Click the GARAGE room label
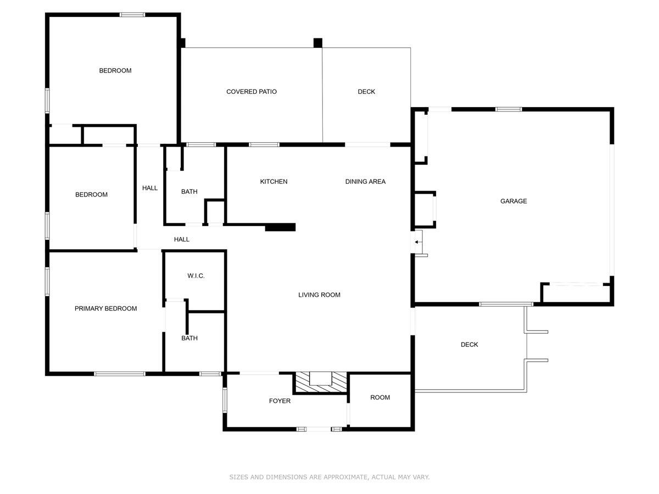point(513,201)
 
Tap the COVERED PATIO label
point(252,92)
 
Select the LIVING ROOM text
point(319,295)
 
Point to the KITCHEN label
point(273,182)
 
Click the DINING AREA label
point(365,182)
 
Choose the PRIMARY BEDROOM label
point(105,308)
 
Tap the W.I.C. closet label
point(196,276)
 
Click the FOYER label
point(280,401)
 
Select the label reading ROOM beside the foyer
point(380,397)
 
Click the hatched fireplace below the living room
point(320,383)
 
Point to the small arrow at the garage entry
point(416,242)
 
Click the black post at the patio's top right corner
point(317,43)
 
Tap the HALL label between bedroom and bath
point(150,188)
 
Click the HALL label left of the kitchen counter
point(182,239)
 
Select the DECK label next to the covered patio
point(366,92)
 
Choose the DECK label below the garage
point(469,344)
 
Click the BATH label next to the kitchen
point(189,192)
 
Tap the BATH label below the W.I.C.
point(189,338)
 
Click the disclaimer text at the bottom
point(329,477)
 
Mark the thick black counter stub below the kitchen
point(280,227)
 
